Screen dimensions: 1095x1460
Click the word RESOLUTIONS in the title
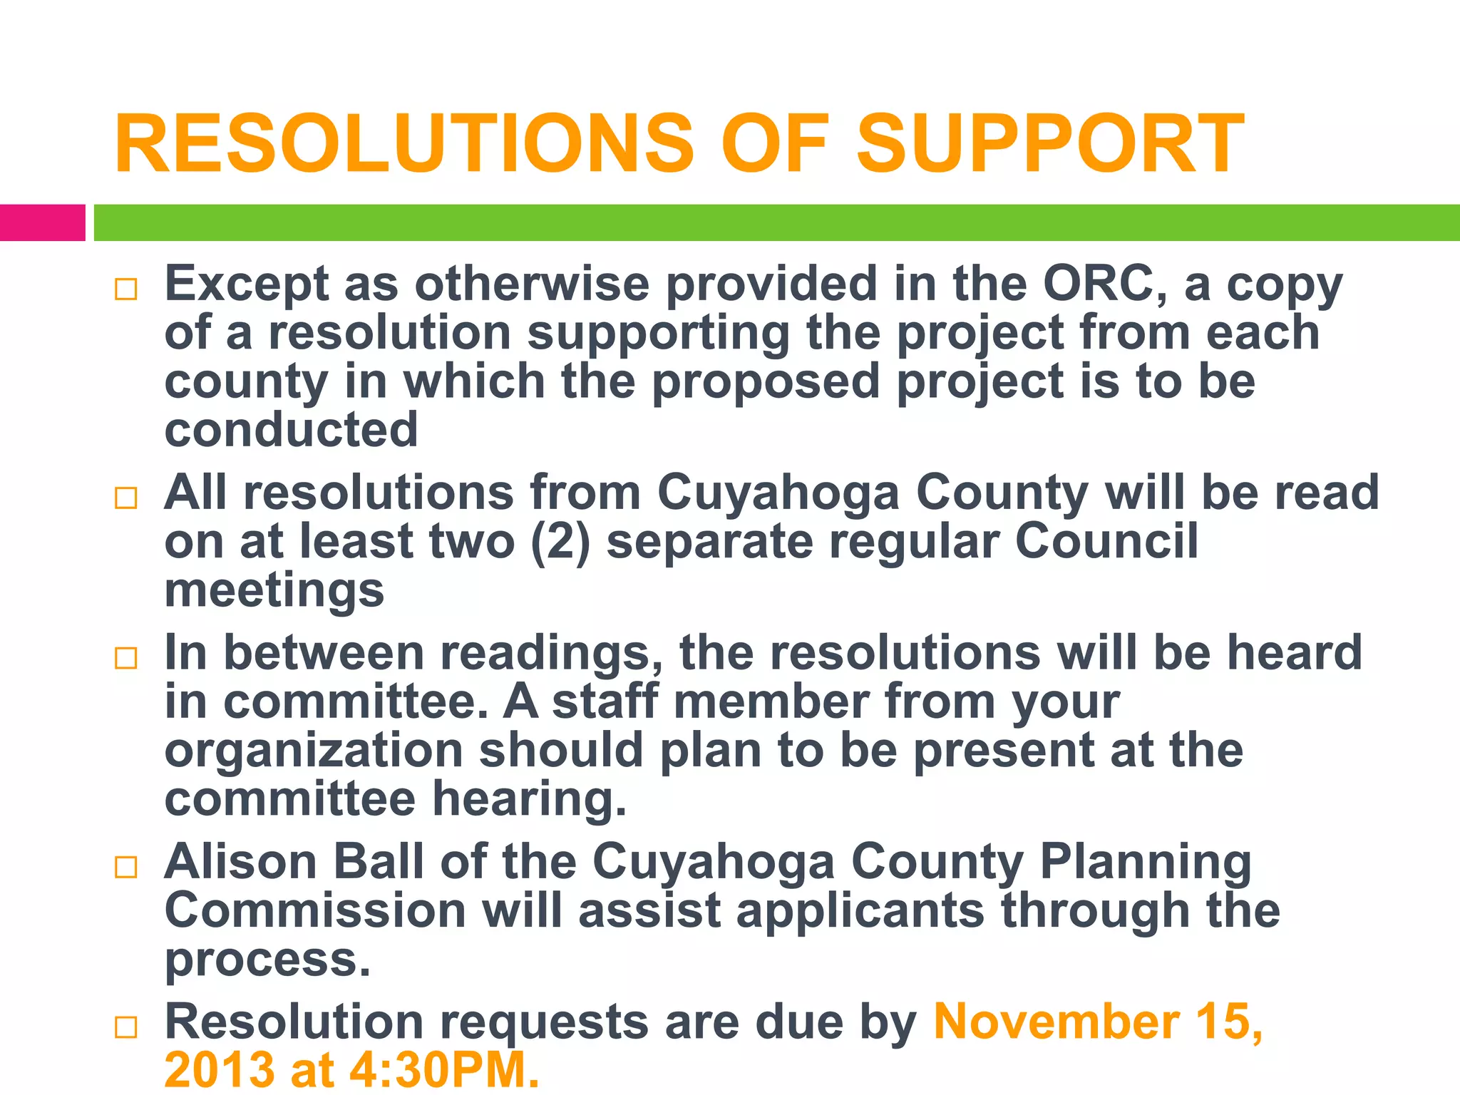(x=403, y=144)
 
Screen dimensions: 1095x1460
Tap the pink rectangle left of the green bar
(x=42, y=222)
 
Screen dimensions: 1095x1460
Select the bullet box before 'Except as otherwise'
(x=125, y=289)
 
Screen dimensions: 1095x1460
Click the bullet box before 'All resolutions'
(x=125, y=498)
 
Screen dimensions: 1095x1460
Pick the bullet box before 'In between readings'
(x=125, y=658)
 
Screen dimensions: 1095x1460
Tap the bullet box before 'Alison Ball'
(x=125, y=867)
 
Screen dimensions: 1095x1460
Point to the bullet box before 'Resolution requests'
(x=125, y=1027)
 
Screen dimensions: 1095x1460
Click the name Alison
(x=241, y=862)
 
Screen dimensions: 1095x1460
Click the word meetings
(x=274, y=592)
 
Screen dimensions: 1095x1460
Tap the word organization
(x=314, y=751)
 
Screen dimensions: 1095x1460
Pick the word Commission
(x=315, y=911)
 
